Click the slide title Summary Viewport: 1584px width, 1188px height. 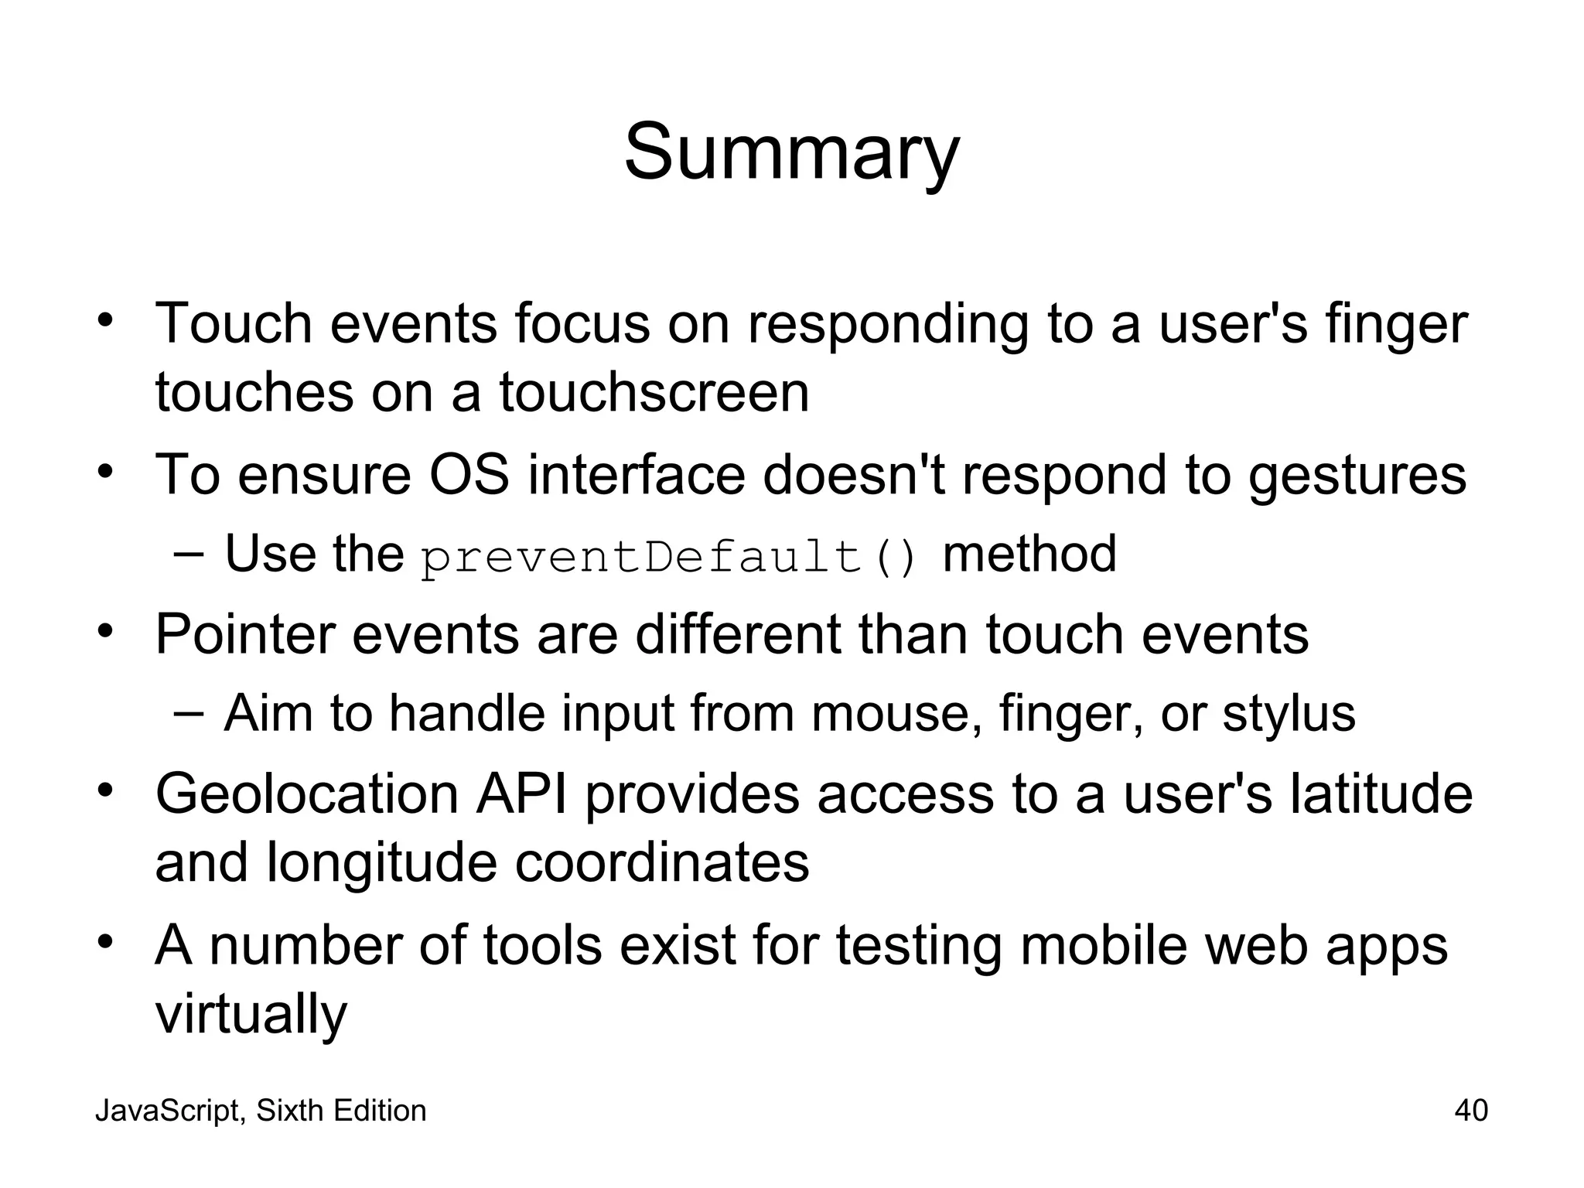coord(791,152)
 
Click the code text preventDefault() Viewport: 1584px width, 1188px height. coord(670,557)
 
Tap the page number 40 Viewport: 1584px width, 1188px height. coord(1470,1111)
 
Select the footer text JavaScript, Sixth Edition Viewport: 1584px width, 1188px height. coord(261,1111)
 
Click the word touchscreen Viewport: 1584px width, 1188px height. coord(654,393)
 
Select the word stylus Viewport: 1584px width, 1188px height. coord(1289,713)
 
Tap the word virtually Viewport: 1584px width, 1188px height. coord(251,1015)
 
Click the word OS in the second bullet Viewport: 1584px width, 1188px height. coord(469,474)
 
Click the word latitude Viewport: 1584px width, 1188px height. coord(1381,794)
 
